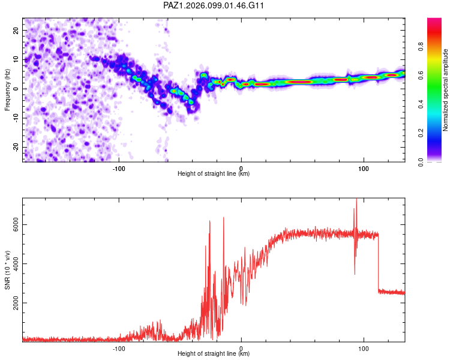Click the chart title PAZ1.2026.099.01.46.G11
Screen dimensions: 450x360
pyautogui.click(x=213, y=5)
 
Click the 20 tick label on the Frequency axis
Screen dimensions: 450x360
pyautogui.click(x=16, y=30)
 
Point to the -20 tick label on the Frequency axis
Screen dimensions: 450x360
pyautogui.click(x=16, y=148)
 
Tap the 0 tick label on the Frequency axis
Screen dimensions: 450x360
pyautogui.click(x=16, y=89)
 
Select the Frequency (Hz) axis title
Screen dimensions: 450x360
pyautogui.click(x=7, y=90)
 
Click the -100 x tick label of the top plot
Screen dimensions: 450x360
pyautogui.click(x=119, y=169)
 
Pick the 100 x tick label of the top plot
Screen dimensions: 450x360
pyautogui.click(x=364, y=169)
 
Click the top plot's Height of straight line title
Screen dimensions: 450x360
pyautogui.click(x=214, y=173)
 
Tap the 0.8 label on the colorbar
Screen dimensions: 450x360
pyautogui.click(x=421, y=46)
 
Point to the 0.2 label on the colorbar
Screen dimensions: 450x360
pyautogui.click(x=421, y=133)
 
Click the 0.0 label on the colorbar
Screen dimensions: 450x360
pyautogui.click(x=421, y=162)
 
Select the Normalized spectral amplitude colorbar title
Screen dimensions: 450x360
pyautogui.click(x=445, y=90)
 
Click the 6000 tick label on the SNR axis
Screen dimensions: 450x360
pyautogui.click(x=16, y=224)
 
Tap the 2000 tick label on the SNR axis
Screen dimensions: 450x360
pyautogui.click(x=16, y=303)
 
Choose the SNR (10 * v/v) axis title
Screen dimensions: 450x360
pyautogui.click(x=7, y=270)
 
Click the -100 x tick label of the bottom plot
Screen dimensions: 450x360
pyautogui.click(x=119, y=349)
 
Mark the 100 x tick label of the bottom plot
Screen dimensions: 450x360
pyautogui.click(x=364, y=349)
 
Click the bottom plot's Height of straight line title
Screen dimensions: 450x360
pyautogui.click(x=214, y=353)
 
